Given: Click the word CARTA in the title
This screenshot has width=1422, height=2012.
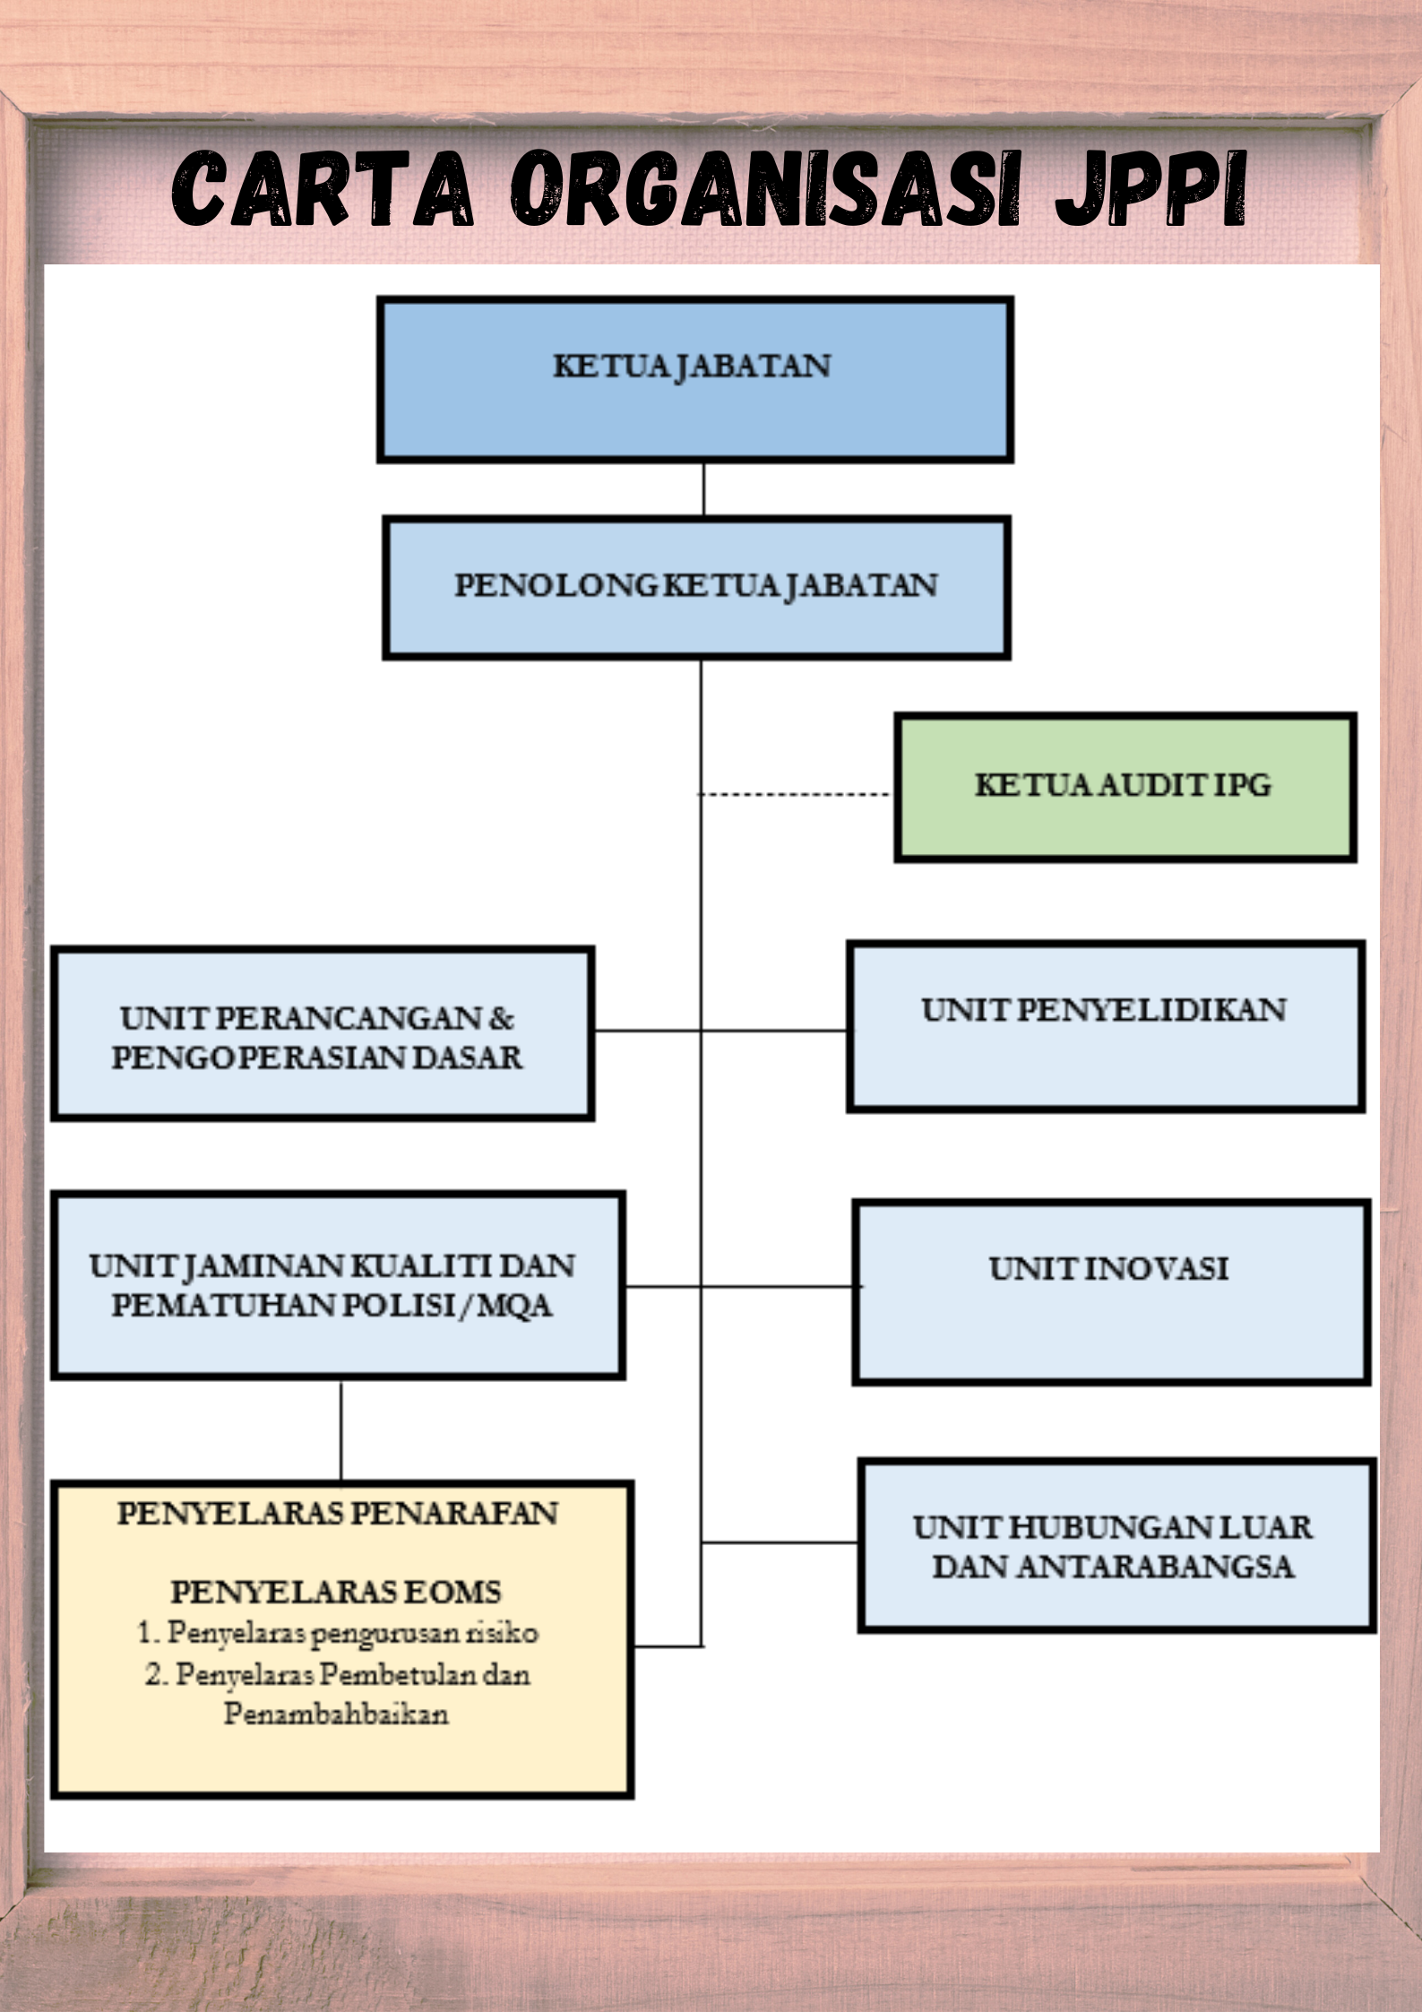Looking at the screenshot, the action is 323,189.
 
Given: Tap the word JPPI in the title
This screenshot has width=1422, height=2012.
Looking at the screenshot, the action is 1152,189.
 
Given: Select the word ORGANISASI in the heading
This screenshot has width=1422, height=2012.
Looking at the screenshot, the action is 766,189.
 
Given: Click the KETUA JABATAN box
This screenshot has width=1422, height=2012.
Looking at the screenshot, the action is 695,380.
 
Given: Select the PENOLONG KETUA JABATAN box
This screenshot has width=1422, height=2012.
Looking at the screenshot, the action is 697,588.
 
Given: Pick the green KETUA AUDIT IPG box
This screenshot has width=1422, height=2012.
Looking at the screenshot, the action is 1125,788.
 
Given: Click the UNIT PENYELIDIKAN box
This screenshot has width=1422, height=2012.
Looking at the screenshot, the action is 1106,1027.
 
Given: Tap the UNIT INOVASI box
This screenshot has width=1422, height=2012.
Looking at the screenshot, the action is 1111,1293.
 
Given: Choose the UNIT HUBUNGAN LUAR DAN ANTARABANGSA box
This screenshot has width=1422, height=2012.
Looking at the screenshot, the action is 1116,1546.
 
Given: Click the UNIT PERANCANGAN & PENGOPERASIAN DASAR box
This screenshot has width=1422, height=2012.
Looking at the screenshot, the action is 323,1033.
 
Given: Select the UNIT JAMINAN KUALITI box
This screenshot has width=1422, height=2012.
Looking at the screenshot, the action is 338,1286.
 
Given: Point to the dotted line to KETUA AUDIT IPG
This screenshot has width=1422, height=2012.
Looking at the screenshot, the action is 794,794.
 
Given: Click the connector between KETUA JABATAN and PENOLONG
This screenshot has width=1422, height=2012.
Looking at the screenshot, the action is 703,489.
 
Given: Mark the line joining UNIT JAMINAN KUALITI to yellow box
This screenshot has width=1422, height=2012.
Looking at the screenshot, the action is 340,1431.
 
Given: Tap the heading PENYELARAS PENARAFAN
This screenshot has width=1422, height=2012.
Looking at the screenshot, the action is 338,1514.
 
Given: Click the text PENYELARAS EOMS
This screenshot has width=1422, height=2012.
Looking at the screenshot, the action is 336,1592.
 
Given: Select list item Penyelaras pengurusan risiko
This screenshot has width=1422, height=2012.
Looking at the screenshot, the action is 337,1633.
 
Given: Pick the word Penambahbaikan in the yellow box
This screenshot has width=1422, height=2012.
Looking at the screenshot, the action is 336,1714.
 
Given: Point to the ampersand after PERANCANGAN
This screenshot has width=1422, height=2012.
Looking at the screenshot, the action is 502,1018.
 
